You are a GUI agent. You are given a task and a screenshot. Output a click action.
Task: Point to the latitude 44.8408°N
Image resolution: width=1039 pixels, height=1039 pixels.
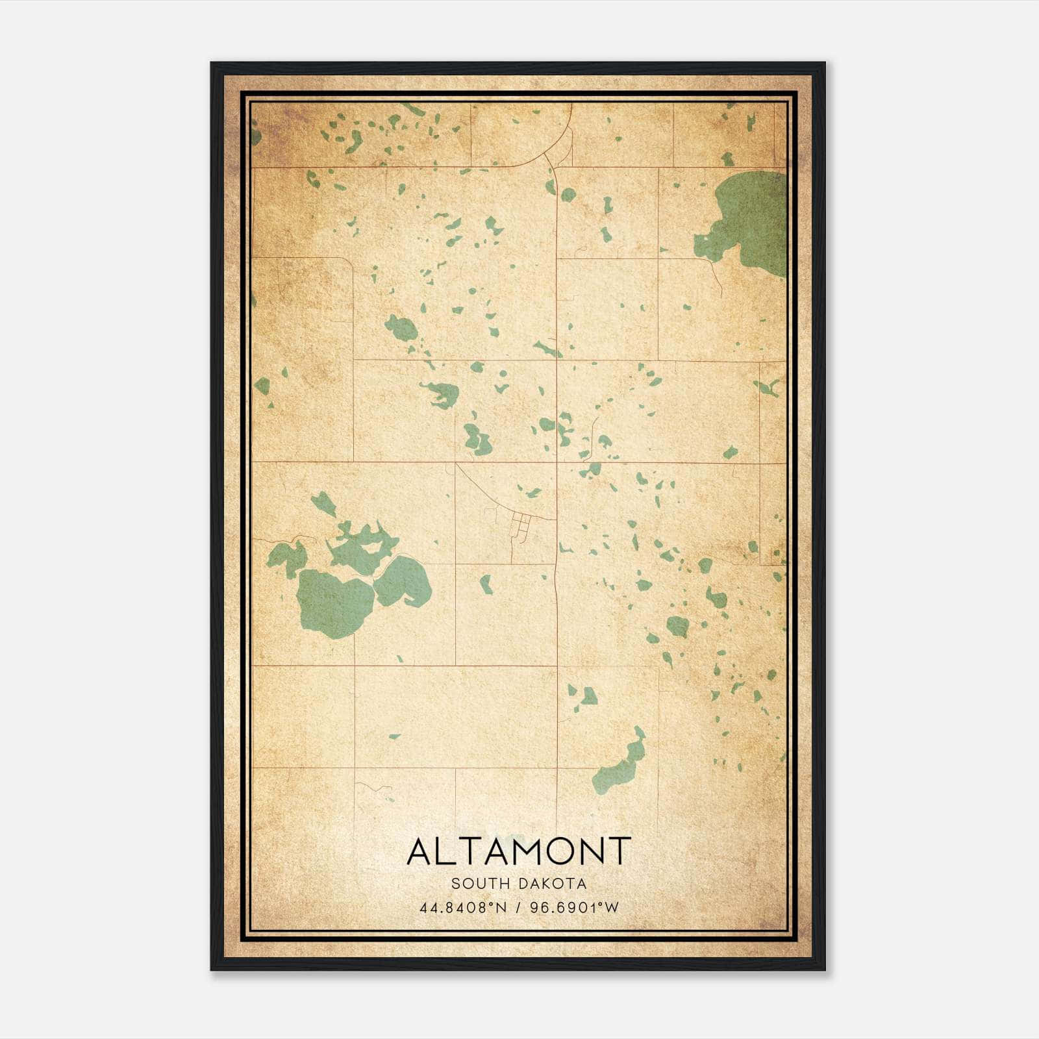click(x=462, y=908)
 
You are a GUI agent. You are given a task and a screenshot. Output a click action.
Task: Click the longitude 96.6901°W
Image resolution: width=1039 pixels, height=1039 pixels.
click(x=574, y=908)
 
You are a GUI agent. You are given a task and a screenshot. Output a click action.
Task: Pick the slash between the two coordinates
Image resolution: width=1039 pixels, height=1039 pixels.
click(x=518, y=908)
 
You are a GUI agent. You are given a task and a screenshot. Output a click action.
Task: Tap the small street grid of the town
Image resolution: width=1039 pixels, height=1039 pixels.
click(x=521, y=523)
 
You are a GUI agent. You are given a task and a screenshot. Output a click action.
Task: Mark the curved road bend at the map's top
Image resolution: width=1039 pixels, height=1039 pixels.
click(x=562, y=140)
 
